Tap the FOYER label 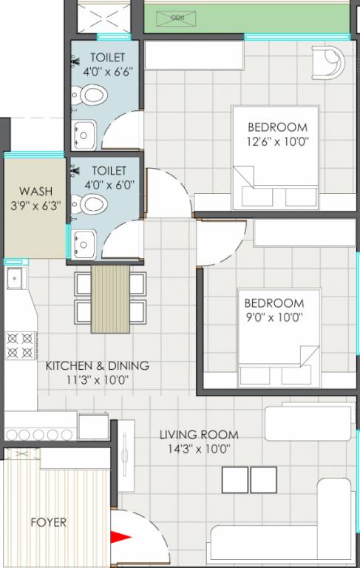(48, 522)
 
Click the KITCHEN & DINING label (97, 365)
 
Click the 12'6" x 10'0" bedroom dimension (277, 141)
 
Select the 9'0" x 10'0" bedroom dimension (274, 317)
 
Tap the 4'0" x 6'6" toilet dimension (107, 72)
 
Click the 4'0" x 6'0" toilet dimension (107, 186)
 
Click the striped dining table (109, 299)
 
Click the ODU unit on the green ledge (177, 16)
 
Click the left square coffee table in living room (235, 479)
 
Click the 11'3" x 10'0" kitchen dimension (97, 380)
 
